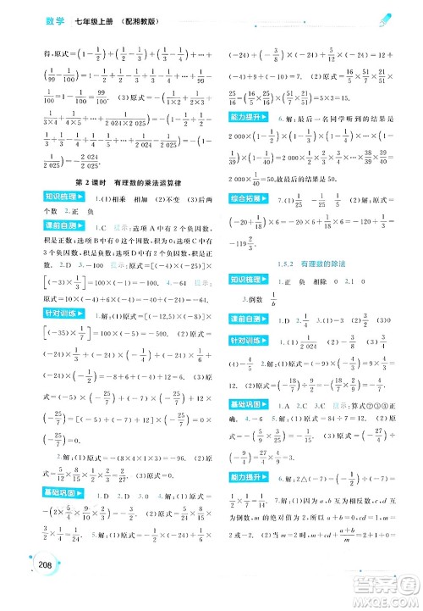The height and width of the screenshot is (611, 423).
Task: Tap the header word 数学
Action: click(57, 19)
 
